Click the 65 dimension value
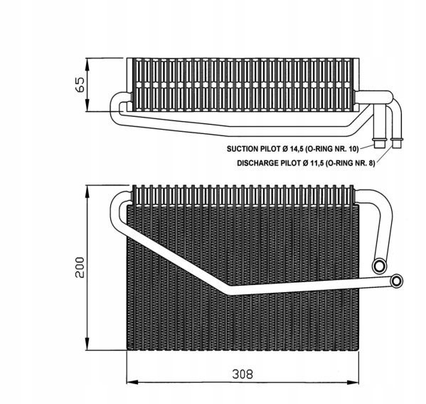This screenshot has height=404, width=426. pyautogui.click(x=81, y=85)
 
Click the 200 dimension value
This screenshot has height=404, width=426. pyautogui.click(x=80, y=267)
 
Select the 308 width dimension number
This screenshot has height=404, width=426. pyautogui.click(x=243, y=374)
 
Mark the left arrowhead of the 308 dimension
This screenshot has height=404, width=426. pyautogui.click(x=132, y=382)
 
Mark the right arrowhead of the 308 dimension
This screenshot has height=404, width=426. pyautogui.click(x=353, y=382)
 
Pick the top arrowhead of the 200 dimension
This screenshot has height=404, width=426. pyautogui.click(x=87, y=191)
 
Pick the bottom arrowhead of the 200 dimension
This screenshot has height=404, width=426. pyautogui.click(x=87, y=344)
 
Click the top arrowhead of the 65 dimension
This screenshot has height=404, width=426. pyautogui.click(x=87, y=64)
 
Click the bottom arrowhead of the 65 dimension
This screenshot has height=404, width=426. pyautogui.click(x=87, y=105)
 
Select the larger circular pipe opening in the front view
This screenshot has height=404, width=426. pyautogui.click(x=380, y=266)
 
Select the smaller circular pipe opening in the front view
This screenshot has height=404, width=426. pyautogui.click(x=397, y=281)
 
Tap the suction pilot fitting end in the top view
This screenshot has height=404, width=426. pyautogui.click(x=380, y=143)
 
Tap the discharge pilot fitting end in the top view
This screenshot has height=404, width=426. pyautogui.click(x=397, y=143)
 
